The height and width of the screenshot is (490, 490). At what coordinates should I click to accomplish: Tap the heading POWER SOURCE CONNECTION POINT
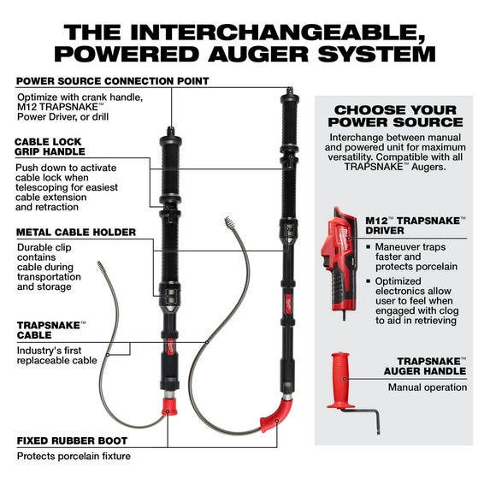click(112, 81)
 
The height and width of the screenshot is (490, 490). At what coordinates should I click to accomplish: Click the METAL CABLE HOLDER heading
click(75, 232)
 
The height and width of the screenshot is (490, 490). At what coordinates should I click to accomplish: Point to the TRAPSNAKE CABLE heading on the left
click(50, 330)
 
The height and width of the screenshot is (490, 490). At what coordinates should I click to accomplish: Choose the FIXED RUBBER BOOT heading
click(73, 441)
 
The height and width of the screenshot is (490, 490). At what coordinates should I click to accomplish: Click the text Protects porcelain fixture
click(74, 456)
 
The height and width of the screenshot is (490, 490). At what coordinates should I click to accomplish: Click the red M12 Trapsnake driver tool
click(339, 251)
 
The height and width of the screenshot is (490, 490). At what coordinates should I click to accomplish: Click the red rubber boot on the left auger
click(169, 404)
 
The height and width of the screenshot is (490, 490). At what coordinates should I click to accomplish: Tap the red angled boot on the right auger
click(274, 415)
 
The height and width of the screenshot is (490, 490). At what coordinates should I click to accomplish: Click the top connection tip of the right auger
click(290, 88)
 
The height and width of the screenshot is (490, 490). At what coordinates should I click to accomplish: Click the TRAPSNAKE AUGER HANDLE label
click(430, 366)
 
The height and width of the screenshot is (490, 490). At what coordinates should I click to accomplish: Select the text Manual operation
click(428, 387)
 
